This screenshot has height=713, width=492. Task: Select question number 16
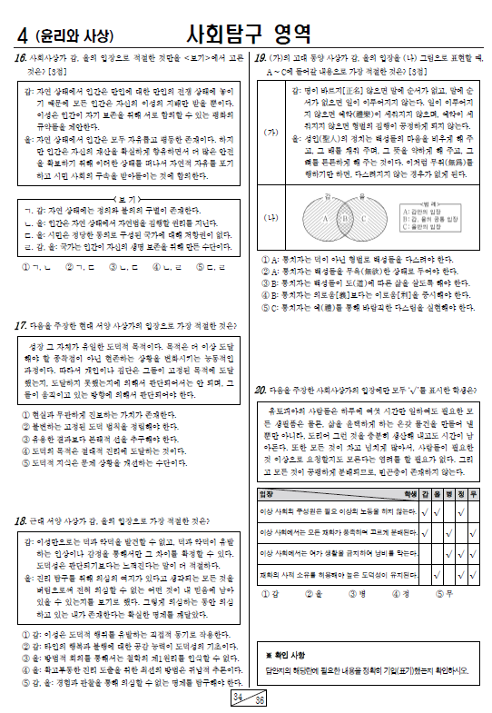(x=19, y=57)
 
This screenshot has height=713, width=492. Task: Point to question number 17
(x=19, y=325)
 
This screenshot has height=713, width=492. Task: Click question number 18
(x=19, y=520)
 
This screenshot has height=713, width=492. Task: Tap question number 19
(x=259, y=57)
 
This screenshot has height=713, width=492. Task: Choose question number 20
(x=260, y=391)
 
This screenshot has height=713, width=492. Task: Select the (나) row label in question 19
(x=271, y=218)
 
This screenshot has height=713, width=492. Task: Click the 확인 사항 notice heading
(x=286, y=655)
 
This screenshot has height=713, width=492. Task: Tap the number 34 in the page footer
(x=239, y=696)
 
